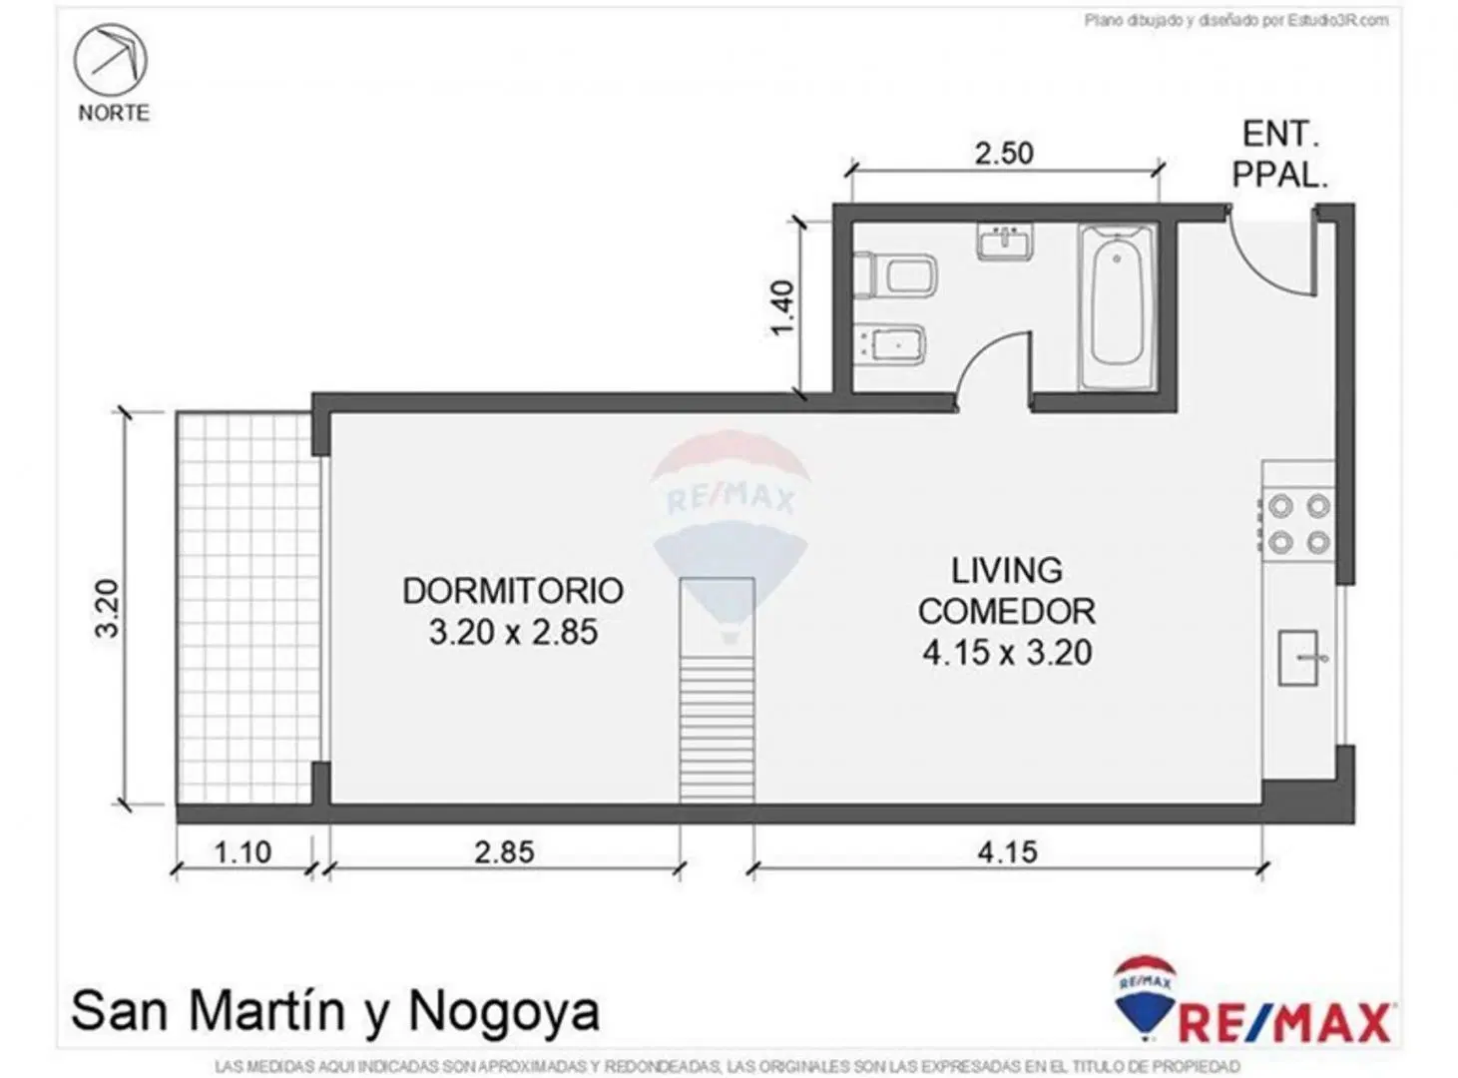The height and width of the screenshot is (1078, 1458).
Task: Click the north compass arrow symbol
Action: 111,60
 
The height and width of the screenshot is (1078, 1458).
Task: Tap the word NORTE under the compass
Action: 114,113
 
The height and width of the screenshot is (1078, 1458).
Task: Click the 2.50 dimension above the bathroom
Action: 1004,154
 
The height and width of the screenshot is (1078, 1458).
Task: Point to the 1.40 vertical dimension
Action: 783,307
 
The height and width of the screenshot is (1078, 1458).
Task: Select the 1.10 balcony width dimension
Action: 243,852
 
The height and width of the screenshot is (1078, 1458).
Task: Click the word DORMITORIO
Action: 513,591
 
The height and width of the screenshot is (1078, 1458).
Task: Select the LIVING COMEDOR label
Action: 1007,591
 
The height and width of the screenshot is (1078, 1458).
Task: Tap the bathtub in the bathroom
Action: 1117,306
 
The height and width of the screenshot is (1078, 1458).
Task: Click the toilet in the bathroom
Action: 894,274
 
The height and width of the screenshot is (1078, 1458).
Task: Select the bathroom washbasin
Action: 1004,242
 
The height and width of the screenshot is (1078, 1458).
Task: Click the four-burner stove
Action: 1298,524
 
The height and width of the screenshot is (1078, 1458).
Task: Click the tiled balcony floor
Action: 243,608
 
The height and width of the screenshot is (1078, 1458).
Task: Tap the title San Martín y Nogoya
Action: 335,1011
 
